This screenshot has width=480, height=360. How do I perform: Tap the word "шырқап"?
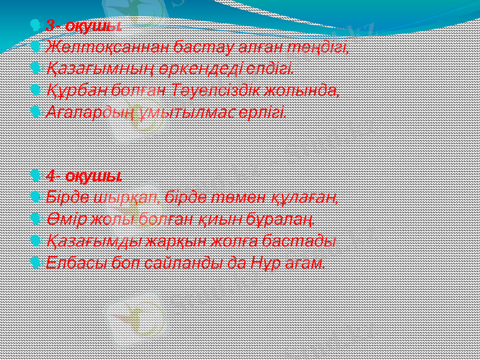tap(137, 197)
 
